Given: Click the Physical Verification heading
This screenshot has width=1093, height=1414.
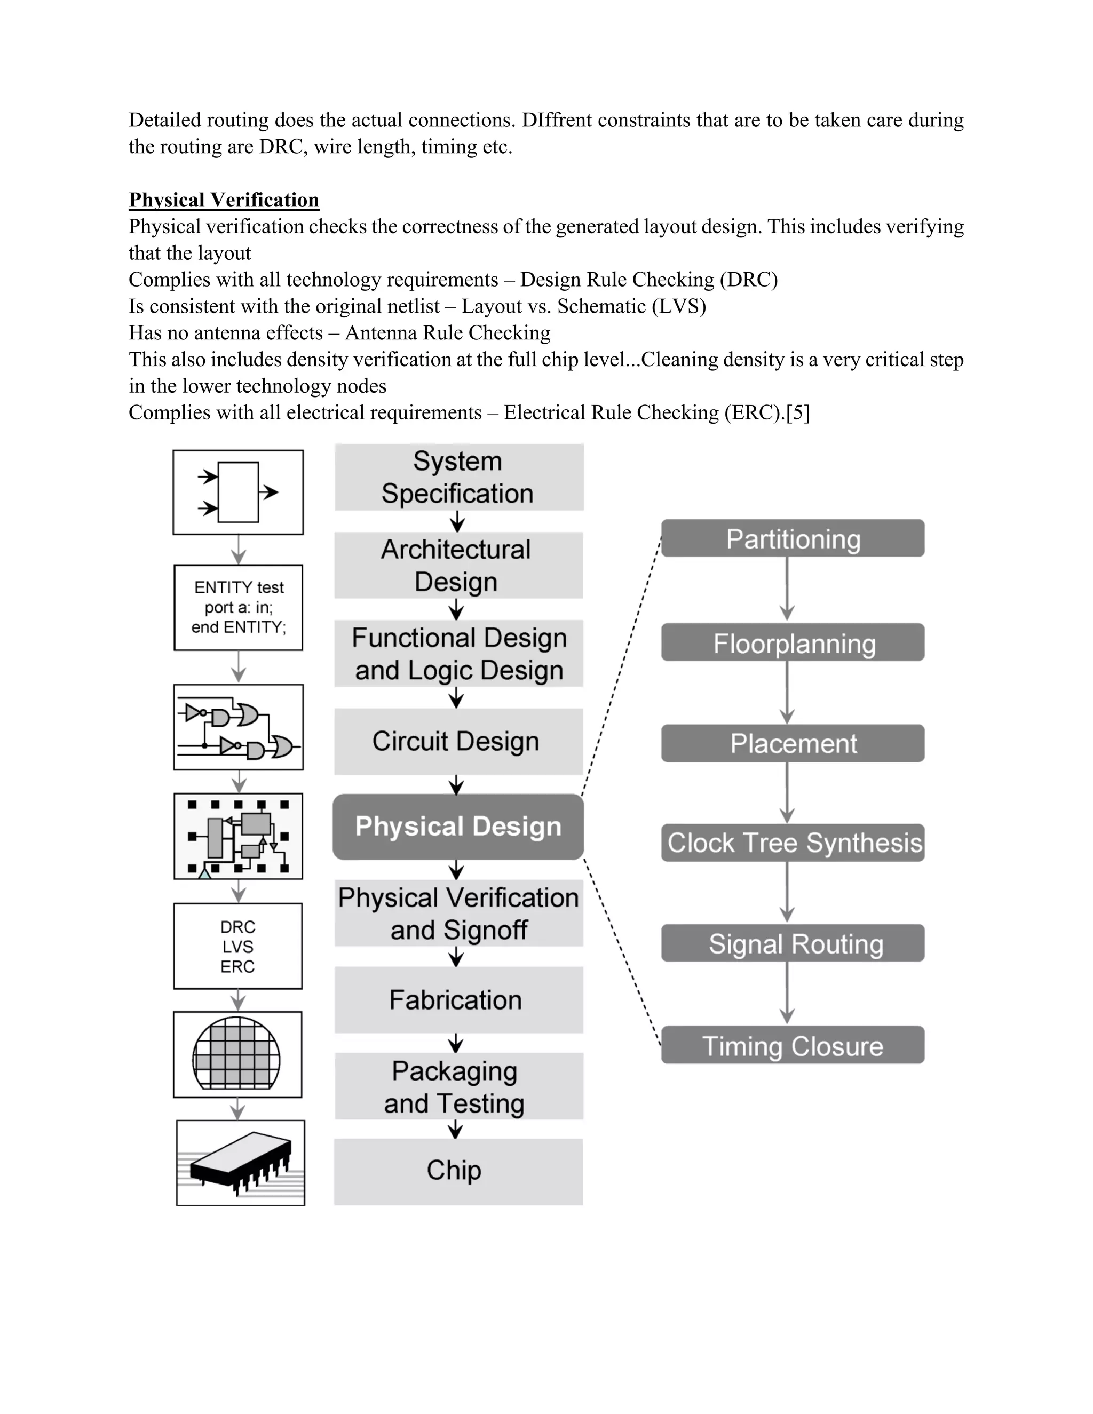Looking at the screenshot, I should point(224,200).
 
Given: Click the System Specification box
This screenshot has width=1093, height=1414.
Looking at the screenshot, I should point(458,477).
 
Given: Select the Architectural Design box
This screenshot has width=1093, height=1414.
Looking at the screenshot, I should point(458,565).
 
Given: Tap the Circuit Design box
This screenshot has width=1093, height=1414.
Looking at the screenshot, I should point(458,741).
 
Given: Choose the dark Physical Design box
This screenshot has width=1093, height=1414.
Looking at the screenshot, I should point(458,827).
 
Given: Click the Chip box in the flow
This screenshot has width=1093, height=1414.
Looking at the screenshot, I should point(458,1171).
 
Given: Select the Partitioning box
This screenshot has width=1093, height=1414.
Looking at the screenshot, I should point(793,539).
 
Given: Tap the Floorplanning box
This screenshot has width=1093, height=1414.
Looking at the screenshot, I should point(793,643).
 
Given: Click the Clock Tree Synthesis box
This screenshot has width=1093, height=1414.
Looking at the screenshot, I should point(793,843).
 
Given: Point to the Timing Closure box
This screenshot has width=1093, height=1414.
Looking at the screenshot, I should point(793,1046).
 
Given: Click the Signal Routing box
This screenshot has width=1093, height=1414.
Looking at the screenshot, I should point(793,944).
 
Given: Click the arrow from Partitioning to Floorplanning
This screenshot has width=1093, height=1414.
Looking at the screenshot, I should point(787,589).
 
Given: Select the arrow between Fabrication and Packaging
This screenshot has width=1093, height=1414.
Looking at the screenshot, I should point(456,1043).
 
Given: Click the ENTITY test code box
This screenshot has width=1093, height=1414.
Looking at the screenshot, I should point(238,607).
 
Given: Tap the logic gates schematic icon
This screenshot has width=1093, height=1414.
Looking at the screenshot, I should point(238,728).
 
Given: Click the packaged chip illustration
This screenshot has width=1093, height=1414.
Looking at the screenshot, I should point(240,1163).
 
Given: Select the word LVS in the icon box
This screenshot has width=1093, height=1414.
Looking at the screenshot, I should point(237,947).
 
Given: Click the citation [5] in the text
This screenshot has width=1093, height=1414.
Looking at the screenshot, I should point(798,412).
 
